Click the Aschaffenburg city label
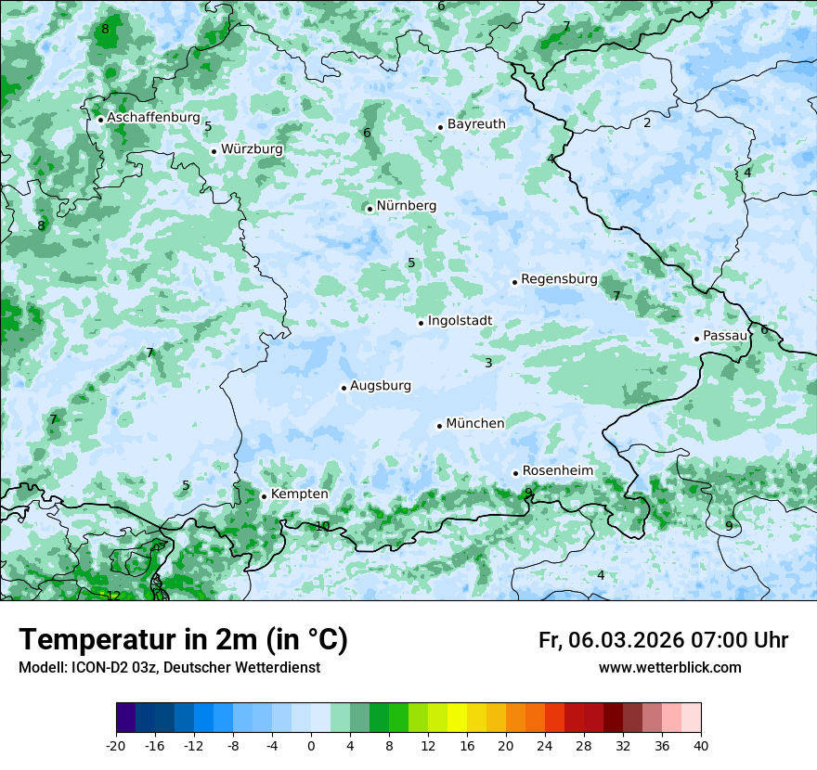point(153,118)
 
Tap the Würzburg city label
point(252,148)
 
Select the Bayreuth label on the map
point(476,124)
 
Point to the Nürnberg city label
point(406,206)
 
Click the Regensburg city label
point(559,279)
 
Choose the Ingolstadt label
point(460,321)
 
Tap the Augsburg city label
point(380,386)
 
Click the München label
point(475,424)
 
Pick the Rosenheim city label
point(557,471)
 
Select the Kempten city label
point(299,494)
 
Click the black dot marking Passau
point(696,339)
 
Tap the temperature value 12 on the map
point(113,596)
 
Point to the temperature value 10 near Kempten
point(322,526)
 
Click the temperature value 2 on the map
point(647,122)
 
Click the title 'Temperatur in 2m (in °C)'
point(184,640)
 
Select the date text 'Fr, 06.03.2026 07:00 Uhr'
point(663,640)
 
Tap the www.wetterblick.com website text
point(669,668)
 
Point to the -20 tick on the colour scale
point(116,746)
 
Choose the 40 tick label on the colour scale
point(701,746)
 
